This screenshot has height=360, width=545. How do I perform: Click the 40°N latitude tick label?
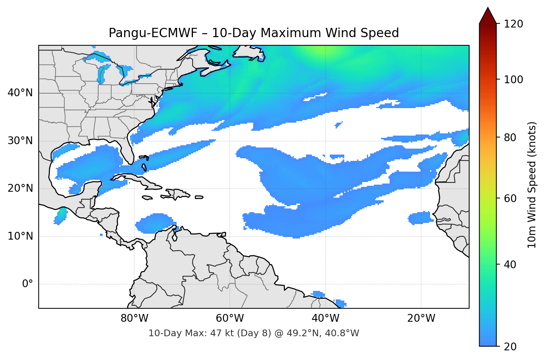pos(20,93)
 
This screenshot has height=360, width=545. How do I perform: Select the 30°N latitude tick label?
pos(20,141)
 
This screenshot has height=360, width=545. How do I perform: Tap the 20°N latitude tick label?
pos(20,188)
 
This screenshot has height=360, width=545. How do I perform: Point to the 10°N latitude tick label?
pos(20,236)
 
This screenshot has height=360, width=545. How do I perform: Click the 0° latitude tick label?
pos(28,284)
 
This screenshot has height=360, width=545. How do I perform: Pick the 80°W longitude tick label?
pos(135,318)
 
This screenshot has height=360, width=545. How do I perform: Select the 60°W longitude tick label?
pos(230,318)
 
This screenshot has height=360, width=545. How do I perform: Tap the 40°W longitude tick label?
pos(326,318)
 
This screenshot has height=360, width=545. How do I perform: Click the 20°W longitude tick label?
pos(421,318)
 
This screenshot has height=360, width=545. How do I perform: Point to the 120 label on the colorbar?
pos(513,24)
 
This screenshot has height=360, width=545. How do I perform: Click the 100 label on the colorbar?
pos(513,80)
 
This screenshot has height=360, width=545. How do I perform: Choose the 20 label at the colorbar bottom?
pos(510,347)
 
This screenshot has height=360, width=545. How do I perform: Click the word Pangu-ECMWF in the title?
pos(153,33)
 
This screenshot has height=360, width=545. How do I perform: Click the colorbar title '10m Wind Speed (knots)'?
pos(532,185)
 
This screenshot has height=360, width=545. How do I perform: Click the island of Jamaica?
pos(147,198)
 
